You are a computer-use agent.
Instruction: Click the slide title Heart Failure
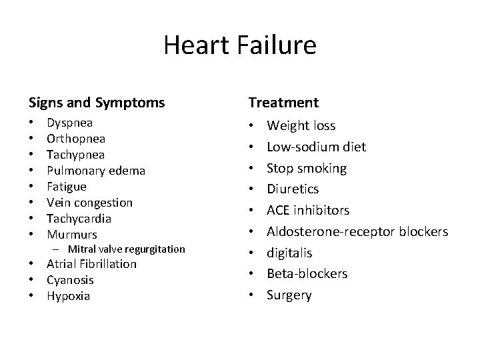240,46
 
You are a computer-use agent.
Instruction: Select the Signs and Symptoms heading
97,103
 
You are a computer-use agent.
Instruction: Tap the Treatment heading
283,103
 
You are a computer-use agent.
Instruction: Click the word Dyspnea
69,123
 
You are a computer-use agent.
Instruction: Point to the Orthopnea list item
76,139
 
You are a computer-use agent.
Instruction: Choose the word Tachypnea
75,155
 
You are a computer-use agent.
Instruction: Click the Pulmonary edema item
95,171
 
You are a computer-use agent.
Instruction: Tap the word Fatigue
66,187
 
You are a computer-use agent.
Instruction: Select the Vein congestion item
89,203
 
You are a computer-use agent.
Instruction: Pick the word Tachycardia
79,219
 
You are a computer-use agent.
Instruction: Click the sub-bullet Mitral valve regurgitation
131,249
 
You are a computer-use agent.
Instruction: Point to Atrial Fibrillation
91,264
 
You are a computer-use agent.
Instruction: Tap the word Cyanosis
70,280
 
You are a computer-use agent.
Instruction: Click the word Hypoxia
68,296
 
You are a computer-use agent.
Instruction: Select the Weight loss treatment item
301,125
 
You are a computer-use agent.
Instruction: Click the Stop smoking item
307,168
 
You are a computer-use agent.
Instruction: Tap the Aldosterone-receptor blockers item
357,231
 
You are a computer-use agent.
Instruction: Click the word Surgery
289,295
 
